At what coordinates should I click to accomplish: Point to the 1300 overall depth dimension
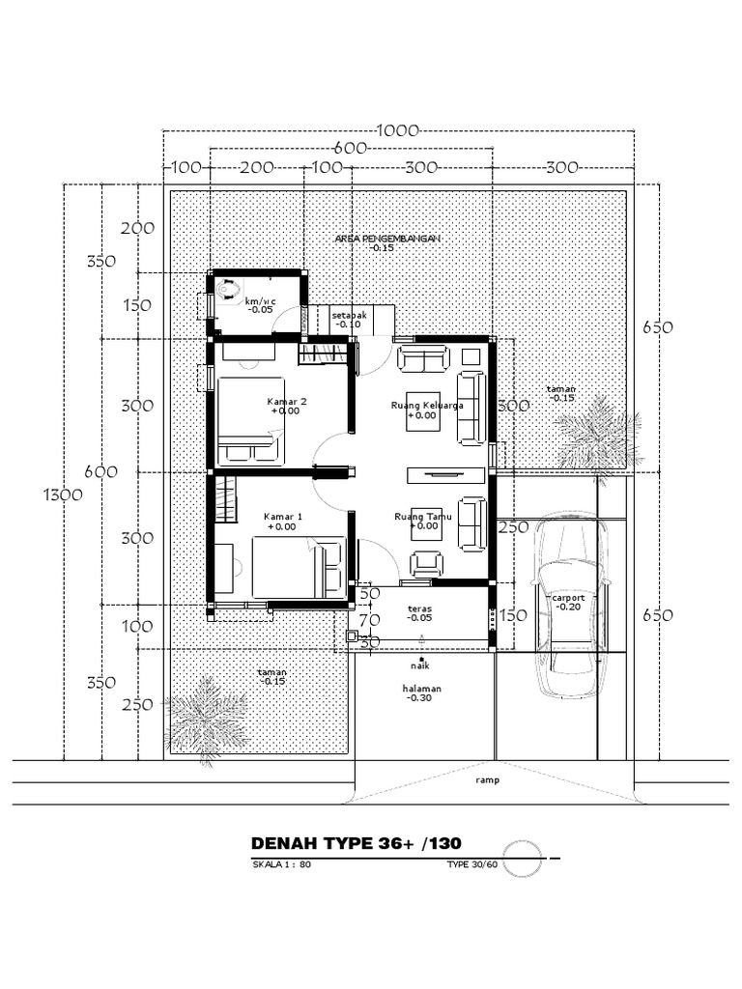(x=64, y=494)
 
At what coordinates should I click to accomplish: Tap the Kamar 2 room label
(x=286, y=401)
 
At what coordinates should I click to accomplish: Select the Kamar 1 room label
(x=283, y=518)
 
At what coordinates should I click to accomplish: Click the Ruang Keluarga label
(x=427, y=406)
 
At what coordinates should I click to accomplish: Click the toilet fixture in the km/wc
(x=228, y=289)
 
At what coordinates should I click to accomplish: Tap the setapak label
(x=348, y=316)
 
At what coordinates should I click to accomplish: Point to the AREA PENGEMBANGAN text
(x=387, y=238)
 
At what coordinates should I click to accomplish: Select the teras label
(x=419, y=609)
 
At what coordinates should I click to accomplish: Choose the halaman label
(x=422, y=689)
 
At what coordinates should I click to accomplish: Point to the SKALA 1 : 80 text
(x=280, y=864)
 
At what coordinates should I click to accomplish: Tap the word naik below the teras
(x=419, y=665)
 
